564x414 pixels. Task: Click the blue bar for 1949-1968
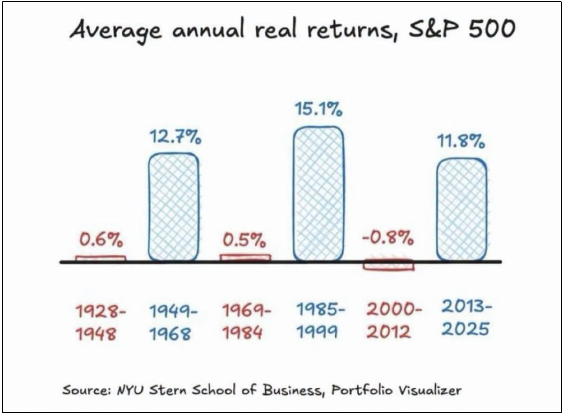click(174, 207)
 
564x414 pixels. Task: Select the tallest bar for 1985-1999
click(318, 194)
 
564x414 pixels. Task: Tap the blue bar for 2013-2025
click(462, 209)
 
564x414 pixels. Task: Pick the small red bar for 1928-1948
click(101, 258)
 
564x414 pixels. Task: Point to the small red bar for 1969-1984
click(245, 258)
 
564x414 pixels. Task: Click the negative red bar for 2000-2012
click(389, 265)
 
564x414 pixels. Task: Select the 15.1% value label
click(318, 109)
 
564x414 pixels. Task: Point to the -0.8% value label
click(388, 237)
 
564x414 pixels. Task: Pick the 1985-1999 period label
click(321, 321)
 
